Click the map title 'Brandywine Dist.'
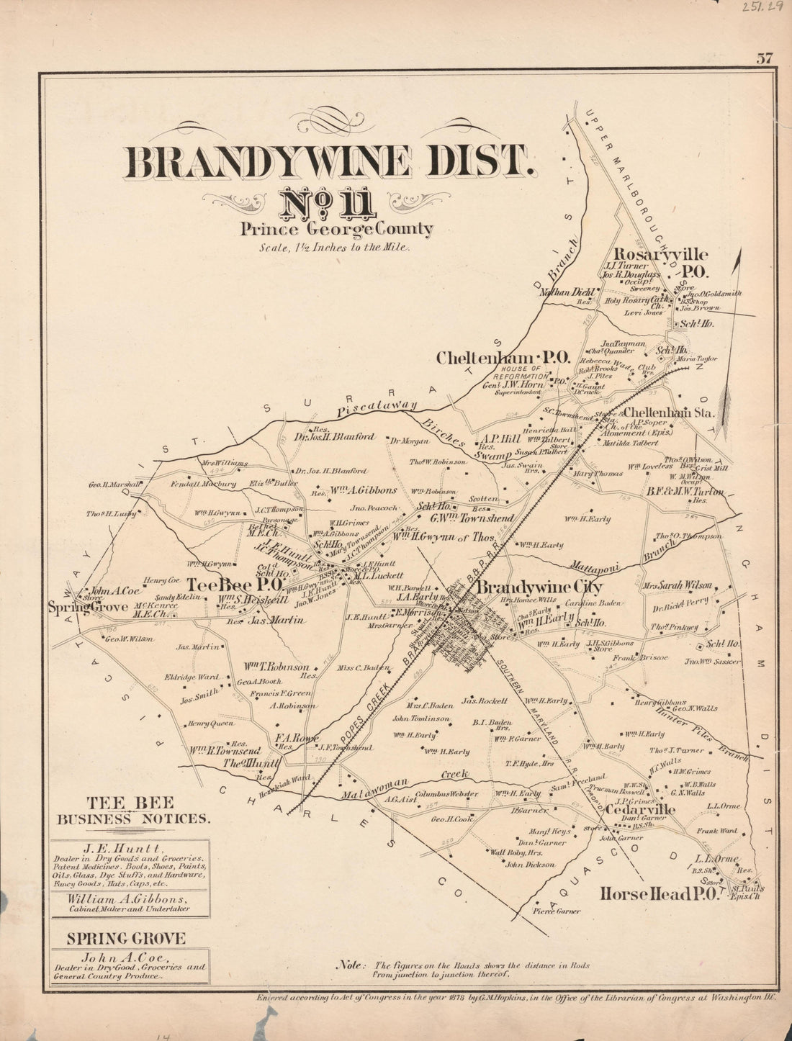(330, 162)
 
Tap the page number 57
(764, 60)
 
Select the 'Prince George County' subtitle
(337, 230)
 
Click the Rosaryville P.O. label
(661, 263)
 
